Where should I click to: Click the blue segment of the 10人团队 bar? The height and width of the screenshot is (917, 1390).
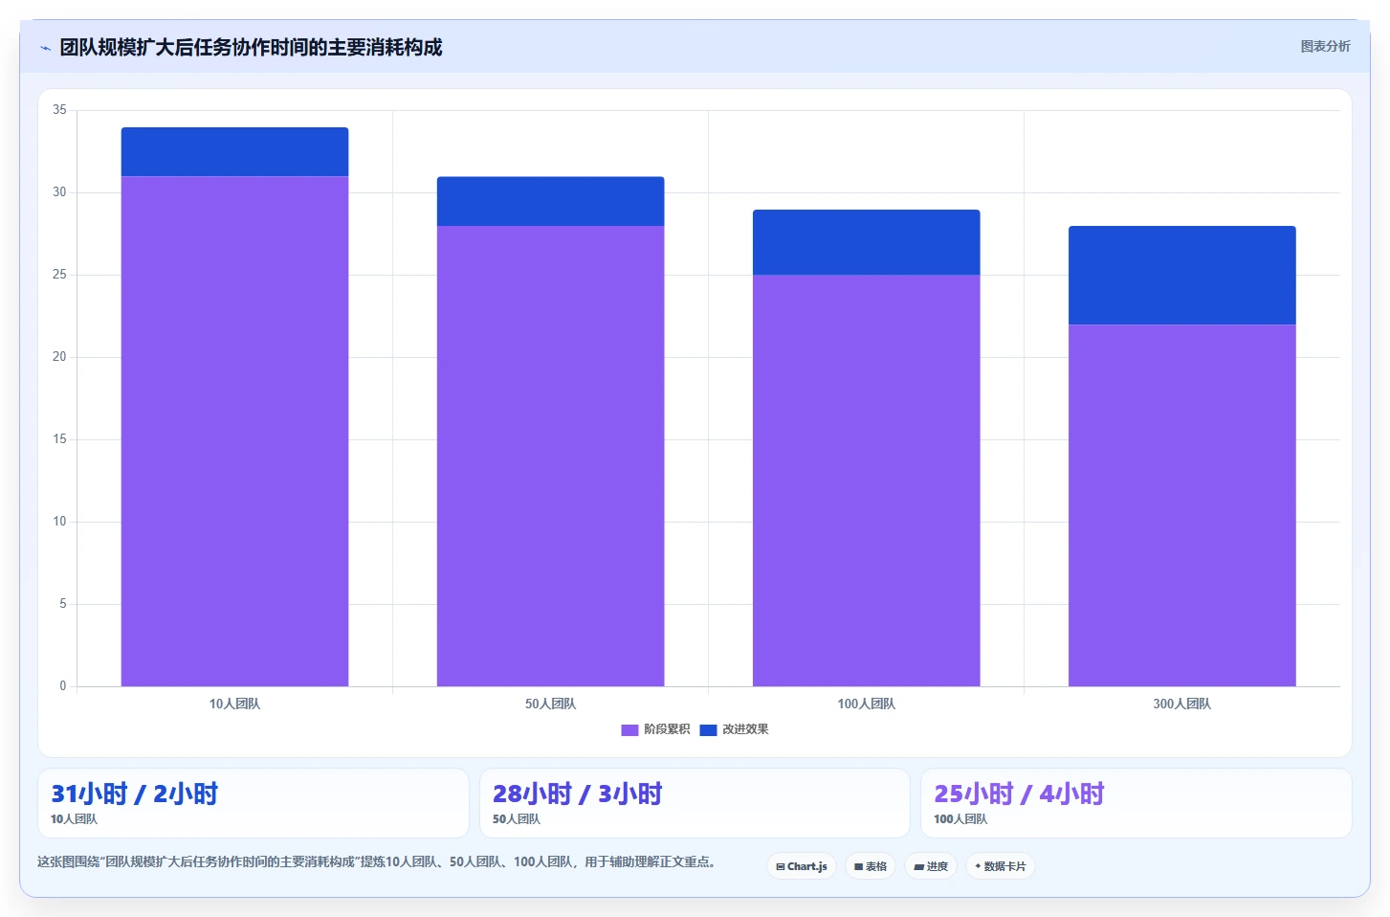(234, 152)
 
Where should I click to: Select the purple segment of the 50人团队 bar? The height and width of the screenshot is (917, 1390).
(550, 456)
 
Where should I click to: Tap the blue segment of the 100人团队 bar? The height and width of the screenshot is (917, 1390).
(867, 242)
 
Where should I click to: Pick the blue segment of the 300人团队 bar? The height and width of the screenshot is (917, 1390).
(1182, 275)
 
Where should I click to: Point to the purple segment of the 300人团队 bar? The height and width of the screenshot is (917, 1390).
(1182, 505)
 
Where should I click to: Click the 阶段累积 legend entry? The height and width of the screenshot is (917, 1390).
(655, 729)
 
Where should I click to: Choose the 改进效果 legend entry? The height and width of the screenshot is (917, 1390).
(734, 729)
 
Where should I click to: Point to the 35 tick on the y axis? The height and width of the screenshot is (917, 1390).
(59, 110)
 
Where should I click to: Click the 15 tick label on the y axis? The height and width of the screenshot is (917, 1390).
(59, 439)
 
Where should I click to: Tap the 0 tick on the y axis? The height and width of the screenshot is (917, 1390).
(63, 686)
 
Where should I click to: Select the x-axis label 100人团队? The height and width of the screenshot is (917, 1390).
(867, 705)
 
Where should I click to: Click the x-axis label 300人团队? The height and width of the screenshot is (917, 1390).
(1182, 705)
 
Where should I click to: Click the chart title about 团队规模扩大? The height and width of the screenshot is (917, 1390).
(251, 47)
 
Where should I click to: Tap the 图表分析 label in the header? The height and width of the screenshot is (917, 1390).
(1326, 47)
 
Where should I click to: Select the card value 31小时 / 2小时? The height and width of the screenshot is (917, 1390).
(134, 794)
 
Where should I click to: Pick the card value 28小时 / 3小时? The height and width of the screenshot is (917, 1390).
(577, 794)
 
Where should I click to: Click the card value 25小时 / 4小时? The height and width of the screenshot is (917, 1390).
(1019, 794)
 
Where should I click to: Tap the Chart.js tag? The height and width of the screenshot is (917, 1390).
(802, 866)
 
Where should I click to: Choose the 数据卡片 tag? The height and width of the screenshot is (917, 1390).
(1001, 866)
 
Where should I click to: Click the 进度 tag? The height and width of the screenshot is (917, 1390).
(931, 866)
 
